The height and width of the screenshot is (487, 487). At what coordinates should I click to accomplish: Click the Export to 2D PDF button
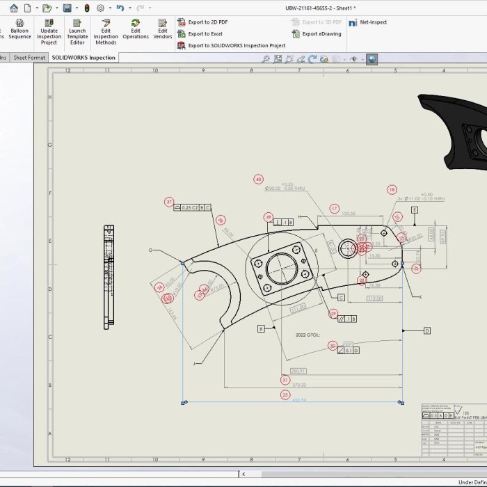tap(207, 22)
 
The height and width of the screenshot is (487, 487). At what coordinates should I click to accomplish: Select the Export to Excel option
tap(205, 33)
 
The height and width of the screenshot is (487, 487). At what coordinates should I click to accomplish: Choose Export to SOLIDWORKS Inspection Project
tap(236, 45)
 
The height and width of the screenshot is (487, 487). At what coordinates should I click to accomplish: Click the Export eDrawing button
tap(321, 33)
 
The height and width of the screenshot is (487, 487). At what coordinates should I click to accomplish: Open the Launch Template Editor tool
tap(77, 32)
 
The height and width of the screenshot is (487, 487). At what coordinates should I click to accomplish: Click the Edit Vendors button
tap(162, 29)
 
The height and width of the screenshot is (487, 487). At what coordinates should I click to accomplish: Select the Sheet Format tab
tap(30, 58)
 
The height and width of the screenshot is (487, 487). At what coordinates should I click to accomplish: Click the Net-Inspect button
tap(373, 22)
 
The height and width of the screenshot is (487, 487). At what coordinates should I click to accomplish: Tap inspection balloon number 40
tap(259, 179)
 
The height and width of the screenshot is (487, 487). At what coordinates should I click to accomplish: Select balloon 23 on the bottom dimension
tap(285, 394)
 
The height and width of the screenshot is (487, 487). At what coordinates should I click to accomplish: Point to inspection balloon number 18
tap(392, 189)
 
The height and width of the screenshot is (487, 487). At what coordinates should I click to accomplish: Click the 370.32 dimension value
tap(300, 385)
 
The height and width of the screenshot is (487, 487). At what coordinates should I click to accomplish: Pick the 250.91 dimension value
tap(298, 371)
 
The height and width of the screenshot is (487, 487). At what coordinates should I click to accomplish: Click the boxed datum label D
tap(426, 330)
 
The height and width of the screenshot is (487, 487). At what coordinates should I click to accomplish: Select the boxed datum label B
tap(262, 328)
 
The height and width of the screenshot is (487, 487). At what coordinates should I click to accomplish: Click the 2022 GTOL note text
tap(310, 335)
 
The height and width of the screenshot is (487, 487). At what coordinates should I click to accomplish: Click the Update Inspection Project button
tap(49, 32)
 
